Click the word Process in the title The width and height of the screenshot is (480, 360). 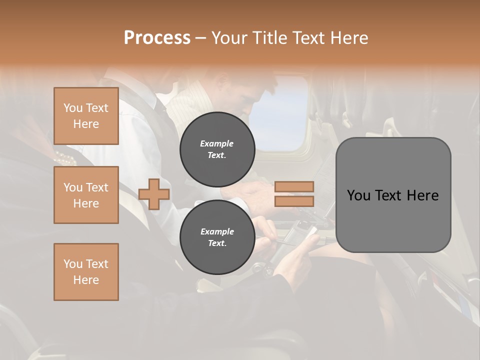coord(157,38)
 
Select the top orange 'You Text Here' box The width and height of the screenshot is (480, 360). coord(86,116)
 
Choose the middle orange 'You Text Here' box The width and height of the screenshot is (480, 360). coord(86,195)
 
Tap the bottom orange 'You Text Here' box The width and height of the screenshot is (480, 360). coord(86,272)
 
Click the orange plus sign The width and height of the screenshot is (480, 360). coord(154,194)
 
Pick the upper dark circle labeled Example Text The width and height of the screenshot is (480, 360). coord(217,149)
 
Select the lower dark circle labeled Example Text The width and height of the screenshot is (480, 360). coord(217,237)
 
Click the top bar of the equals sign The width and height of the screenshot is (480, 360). coord(294,186)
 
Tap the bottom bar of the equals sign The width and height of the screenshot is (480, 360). coord(294,201)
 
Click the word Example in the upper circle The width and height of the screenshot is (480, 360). coord(217,143)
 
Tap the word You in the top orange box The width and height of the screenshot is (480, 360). coord(73,108)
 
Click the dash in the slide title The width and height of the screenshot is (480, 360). coord(200,38)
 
